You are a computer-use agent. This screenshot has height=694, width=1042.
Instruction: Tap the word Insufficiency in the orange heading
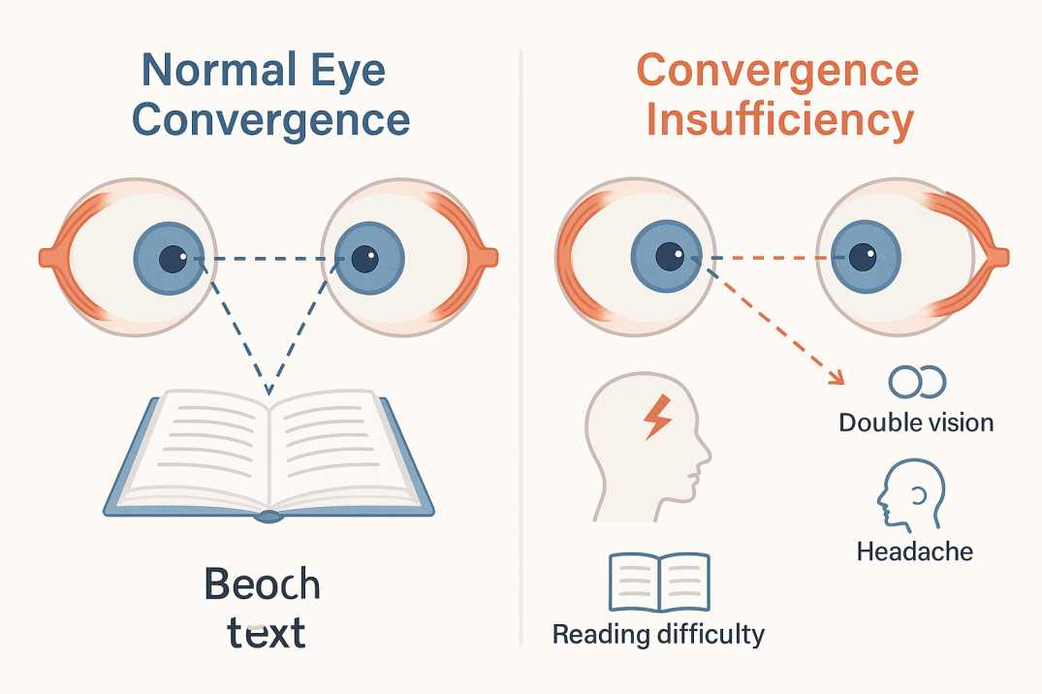(780, 121)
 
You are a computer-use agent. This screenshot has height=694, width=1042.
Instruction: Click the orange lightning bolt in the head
(657, 416)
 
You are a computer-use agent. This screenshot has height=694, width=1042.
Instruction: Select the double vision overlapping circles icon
(917, 382)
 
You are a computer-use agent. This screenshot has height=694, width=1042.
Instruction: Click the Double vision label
(916, 423)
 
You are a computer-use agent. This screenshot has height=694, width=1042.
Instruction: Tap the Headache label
(914, 552)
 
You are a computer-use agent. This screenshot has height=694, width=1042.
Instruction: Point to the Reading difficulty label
(658, 635)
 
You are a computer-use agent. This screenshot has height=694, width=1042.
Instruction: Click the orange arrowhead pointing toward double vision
(835, 379)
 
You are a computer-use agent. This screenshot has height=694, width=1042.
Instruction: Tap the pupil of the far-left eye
(172, 259)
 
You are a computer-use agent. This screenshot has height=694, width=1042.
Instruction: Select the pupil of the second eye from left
(364, 259)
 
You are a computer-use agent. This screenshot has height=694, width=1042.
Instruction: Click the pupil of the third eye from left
(669, 258)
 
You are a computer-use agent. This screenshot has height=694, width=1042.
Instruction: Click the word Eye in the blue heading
(348, 72)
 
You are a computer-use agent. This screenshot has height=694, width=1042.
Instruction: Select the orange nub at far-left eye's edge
(47, 258)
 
